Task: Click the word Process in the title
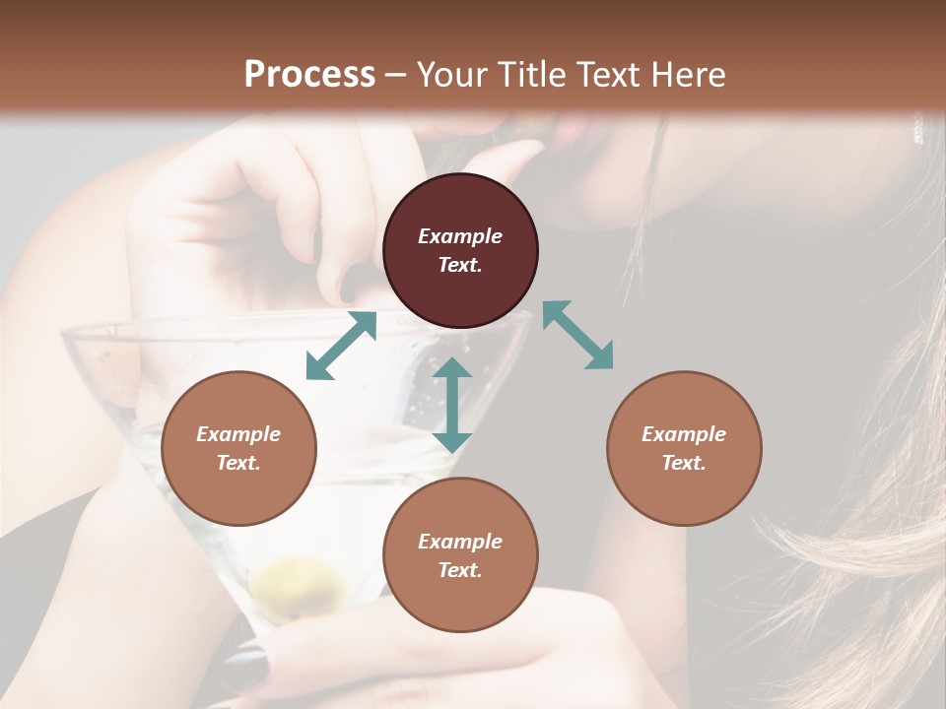309,75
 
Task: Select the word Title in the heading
533,75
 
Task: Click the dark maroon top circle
460,251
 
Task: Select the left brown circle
238,449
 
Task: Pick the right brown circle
684,449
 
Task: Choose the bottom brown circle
460,555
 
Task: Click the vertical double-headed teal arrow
452,405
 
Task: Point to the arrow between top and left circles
341,346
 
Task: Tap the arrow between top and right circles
577,335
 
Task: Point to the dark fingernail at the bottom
252,666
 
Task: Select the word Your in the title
452,75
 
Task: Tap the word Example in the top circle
460,236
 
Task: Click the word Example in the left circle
238,434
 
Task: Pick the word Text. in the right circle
684,463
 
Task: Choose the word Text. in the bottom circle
460,570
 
